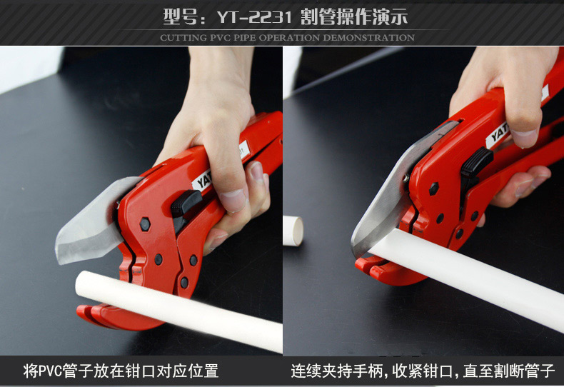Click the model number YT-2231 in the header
tap(254, 16)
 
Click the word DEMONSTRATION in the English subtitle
tap(368, 37)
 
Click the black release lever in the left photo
tap(184, 207)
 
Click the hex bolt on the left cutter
tap(145, 224)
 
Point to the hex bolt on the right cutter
tap(434, 189)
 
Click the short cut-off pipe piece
tap(293, 231)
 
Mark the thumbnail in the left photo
tap(233, 201)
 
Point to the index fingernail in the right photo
tap(524, 139)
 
